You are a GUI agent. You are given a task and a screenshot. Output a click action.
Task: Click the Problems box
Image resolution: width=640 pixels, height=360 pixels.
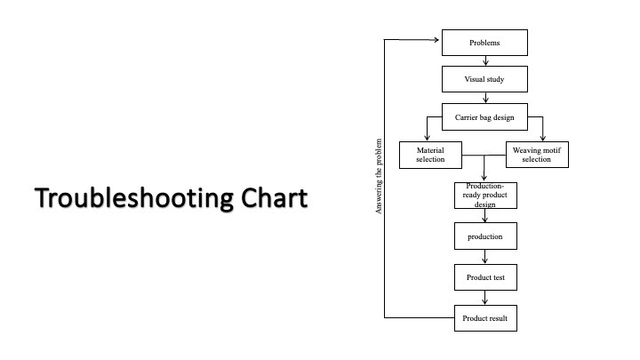pyautogui.click(x=484, y=43)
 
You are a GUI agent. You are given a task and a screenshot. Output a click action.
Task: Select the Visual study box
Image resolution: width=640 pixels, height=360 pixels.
pyautogui.click(x=484, y=79)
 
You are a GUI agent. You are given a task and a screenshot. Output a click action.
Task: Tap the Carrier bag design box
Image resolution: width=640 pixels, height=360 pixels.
pyautogui.click(x=484, y=117)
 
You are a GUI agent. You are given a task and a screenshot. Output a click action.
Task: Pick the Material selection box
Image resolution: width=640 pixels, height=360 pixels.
pyautogui.click(x=430, y=155)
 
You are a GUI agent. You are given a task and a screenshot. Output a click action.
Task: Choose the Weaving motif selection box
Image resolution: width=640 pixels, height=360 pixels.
pyautogui.click(x=537, y=155)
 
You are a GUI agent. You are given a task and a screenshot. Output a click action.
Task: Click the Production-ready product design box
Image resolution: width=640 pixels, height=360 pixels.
pyautogui.click(x=485, y=196)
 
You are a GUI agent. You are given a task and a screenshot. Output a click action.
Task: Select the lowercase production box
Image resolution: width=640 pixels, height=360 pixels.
pyautogui.click(x=485, y=236)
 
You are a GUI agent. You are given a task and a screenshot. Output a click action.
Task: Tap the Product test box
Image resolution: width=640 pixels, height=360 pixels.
pyautogui.click(x=485, y=277)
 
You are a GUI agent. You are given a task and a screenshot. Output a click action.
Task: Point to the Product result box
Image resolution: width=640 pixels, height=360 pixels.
pyautogui.click(x=485, y=318)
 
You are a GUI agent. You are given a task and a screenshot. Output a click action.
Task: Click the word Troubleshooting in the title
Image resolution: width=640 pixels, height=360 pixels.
pyautogui.click(x=134, y=199)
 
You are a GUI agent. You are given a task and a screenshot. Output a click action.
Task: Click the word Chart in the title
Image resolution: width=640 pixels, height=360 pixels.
pyautogui.click(x=275, y=197)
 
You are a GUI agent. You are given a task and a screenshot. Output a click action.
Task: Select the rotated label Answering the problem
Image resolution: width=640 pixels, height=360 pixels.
pyautogui.click(x=379, y=176)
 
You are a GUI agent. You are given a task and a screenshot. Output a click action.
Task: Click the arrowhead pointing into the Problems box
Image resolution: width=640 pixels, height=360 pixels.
pyautogui.click(x=436, y=40)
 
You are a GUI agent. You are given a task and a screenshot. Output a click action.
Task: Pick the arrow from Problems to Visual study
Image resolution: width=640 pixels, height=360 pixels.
pyautogui.click(x=485, y=60)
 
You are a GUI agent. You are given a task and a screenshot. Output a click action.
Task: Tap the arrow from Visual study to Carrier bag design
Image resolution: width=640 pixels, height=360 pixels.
pyautogui.click(x=485, y=98)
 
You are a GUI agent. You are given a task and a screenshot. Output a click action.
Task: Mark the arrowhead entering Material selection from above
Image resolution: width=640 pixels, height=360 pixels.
pyautogui.click(x=427, y=138)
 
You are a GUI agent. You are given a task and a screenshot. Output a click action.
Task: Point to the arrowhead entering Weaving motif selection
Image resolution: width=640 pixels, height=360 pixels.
pyautogui.click(x=543, y=138)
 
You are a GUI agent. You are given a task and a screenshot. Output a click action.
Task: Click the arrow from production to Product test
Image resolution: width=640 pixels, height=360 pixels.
pyautogui.click(x=485, y=257)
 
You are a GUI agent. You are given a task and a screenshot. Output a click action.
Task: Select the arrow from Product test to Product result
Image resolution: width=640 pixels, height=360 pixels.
pyautogui.click(x=485, y=298)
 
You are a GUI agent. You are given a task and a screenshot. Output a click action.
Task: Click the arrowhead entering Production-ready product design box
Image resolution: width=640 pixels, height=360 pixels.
pyautogui.click(x=484, y=179)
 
